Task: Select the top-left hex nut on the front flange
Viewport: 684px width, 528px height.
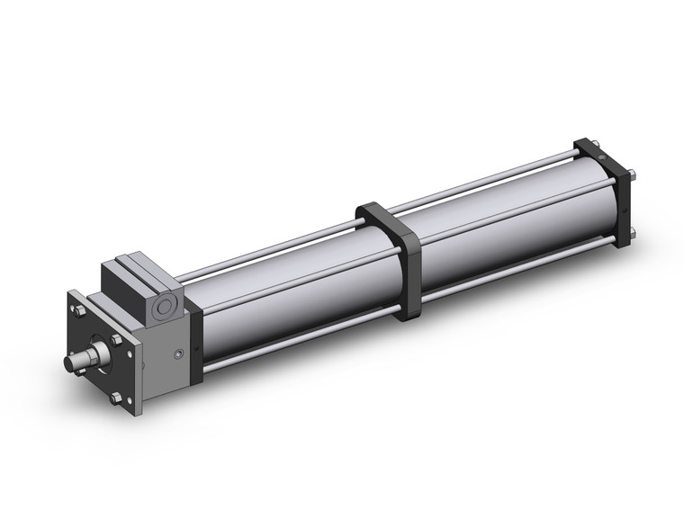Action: tap(80, 310)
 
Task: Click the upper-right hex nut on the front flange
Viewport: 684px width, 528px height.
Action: tap(116, 339)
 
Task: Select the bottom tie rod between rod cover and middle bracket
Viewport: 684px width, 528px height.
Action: tap(297, 342)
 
